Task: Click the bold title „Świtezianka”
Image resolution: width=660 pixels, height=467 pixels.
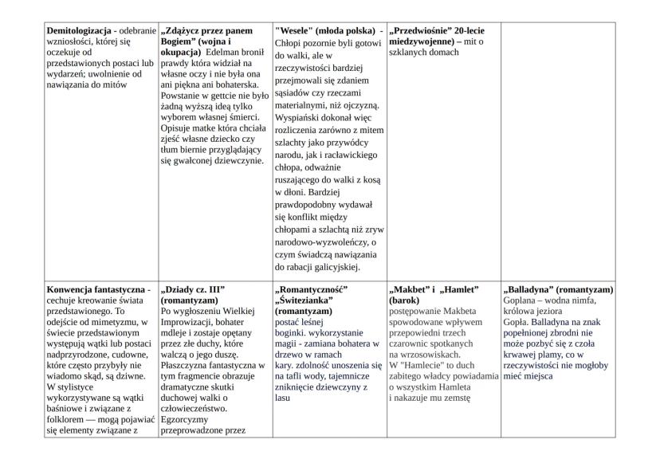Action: [304, 301]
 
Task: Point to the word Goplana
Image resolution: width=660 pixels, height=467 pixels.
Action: [522, 300]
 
